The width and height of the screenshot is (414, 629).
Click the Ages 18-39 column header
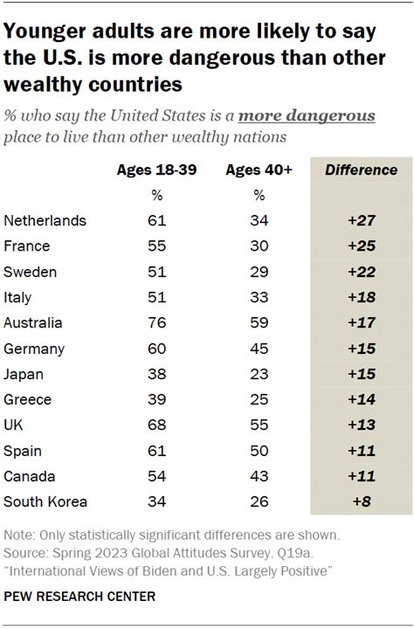point(156,169)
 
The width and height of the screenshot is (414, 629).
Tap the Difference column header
point(361,169)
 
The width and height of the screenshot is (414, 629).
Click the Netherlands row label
point(45,221)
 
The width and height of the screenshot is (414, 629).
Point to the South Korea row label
point(46,501)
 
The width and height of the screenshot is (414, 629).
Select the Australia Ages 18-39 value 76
point(157,322)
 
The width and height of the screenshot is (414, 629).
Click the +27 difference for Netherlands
point(361,221)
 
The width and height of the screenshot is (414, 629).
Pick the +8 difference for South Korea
point(361,501)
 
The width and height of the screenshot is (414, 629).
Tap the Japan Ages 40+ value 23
point(259,373)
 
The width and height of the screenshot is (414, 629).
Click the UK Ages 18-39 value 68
point(157,425)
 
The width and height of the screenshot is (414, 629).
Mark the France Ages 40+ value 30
point(259,246)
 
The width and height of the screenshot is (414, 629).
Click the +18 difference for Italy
point(361,297)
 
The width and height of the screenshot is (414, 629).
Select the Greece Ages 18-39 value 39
point(157,399)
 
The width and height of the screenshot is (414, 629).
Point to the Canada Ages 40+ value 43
point(259,475)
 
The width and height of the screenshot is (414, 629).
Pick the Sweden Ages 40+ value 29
point(259,272)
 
